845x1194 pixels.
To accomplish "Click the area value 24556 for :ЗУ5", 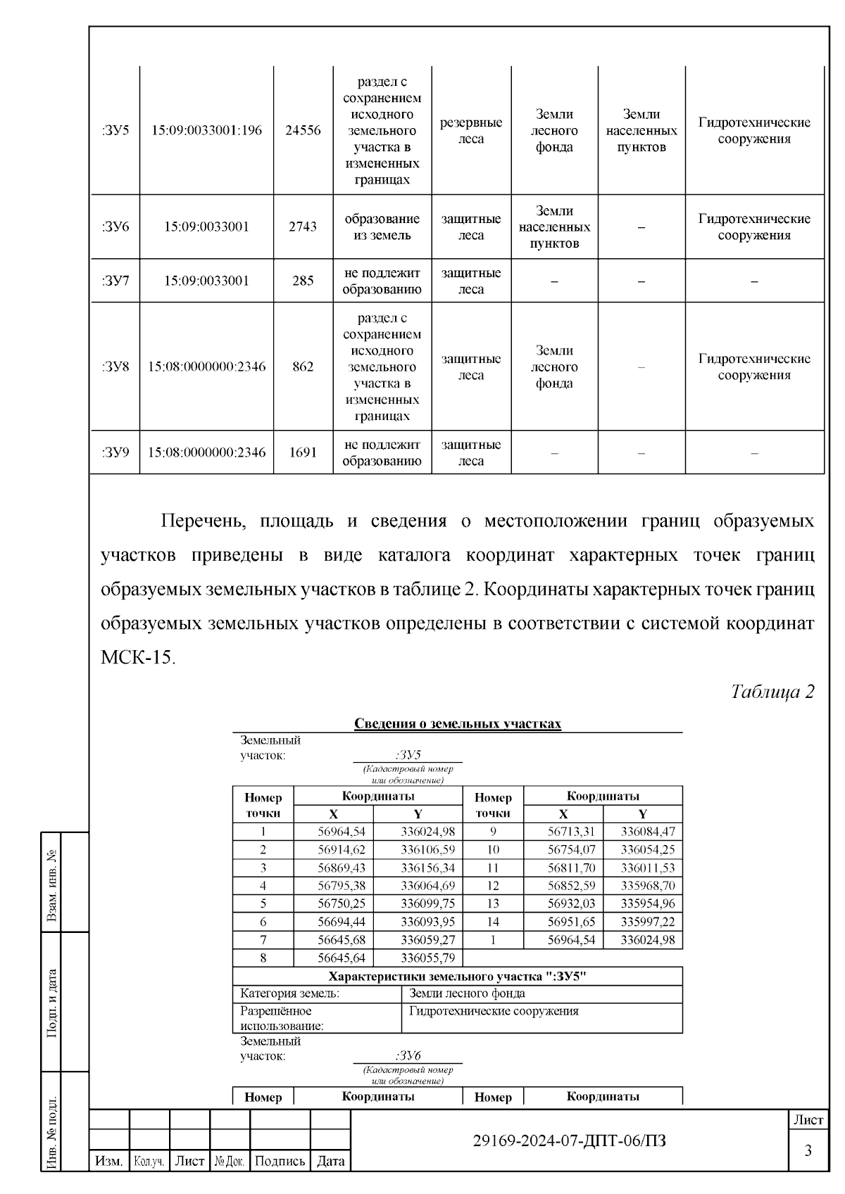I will click(x=303, y=130).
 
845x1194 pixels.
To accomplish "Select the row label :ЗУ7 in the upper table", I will click(x=115, y=281).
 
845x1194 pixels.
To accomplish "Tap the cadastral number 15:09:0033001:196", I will click(x=206, y=130).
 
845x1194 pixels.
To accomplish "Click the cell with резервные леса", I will click(x=471, y=130).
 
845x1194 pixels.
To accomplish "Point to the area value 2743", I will click(x=303, y=227).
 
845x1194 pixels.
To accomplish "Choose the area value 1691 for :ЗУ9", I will click(x=303, y=452).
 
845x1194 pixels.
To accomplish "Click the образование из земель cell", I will click(x=382, y=227).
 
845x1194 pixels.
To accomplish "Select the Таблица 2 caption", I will click(x=772, y=692).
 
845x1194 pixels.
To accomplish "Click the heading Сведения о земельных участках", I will click(x=457, y=724).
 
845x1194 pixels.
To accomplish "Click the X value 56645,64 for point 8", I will click(x=342, y=958).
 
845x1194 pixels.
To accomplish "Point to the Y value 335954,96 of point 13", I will click(x=647, y=903).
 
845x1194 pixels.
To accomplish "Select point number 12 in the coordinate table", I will click(x=492, y=886).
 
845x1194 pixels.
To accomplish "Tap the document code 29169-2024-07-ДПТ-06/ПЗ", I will click(x=569, y=1141).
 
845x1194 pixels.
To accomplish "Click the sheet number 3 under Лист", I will click(x=808, y=1151).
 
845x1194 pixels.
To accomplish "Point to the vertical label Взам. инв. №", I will click(x=51, y=884).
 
